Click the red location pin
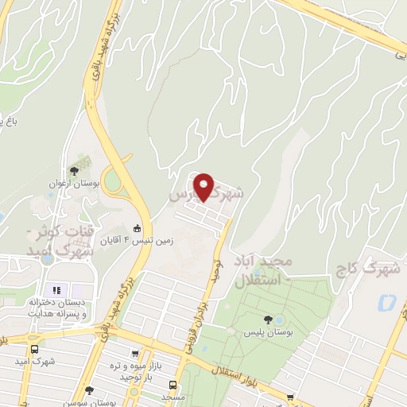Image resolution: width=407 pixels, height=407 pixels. (x=205, y=187)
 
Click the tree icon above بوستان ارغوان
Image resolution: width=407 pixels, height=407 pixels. (x=74, y=170)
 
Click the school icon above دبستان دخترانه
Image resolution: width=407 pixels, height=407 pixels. (x=56, y=289)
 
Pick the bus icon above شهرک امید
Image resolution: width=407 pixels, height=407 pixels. (x=34, y=348)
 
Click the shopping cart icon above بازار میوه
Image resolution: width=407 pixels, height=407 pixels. (x=133, y=355)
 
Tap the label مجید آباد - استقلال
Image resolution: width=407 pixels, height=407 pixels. (x=264, y=270)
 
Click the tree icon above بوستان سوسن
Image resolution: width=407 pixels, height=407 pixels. (x=89, y=390)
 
